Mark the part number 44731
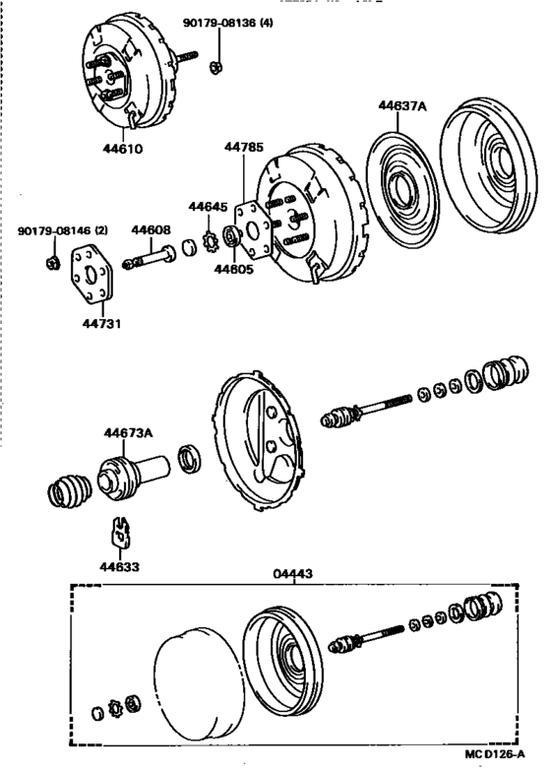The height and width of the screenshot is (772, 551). pos(101,323)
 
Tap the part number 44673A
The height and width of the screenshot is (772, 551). pos(130,431)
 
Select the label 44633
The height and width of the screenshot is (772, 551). pos(118,566)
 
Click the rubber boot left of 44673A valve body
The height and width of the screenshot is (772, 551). pos(71,490)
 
